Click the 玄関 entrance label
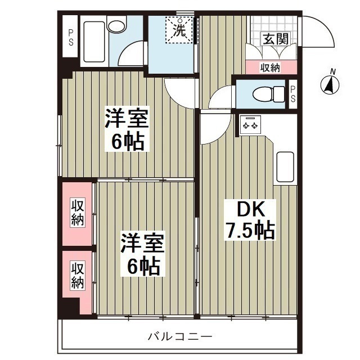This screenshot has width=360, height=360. tap(275, 39)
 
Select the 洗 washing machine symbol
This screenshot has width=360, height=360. tap(178, 30)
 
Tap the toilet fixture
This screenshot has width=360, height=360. tap(265, 94)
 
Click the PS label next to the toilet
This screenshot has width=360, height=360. tap(293, 94)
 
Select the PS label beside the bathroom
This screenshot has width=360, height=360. tap(71, 38)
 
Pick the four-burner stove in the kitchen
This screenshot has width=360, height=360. tap(249, 124)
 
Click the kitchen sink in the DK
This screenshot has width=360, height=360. tap(285, 166)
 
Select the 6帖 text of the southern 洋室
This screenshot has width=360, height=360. tap(142, 265)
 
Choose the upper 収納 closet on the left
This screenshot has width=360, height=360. tap(77, 213)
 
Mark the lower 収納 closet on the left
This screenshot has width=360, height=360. tap(77, 274)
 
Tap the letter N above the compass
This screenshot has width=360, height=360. tap(333, 71)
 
